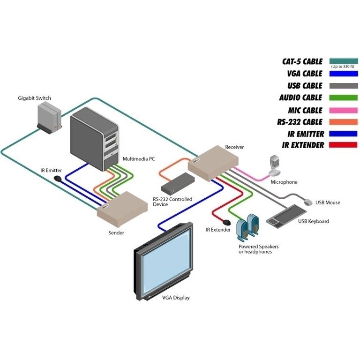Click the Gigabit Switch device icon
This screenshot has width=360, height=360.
click(49, 118)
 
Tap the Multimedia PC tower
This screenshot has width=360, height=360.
click(94, 139)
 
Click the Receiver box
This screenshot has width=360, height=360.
click(213, 163)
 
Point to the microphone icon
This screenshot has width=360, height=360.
click(275, 165)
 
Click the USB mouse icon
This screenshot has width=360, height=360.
click(308, 202)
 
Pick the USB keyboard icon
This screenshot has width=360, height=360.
click(286, 216)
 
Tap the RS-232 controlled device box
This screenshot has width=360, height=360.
click(178, 183)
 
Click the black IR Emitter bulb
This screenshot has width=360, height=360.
click(57, 179)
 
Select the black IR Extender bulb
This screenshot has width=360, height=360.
click(226, 222)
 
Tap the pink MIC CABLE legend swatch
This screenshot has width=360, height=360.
click(344, 110)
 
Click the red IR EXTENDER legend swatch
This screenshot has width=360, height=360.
click(343, 145)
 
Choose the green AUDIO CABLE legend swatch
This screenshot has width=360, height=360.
click(344, 97)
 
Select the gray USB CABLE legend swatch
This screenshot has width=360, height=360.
click(344, 86)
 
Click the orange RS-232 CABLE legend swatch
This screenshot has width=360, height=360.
click(344, 122)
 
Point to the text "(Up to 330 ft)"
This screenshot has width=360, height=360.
click(343, 67)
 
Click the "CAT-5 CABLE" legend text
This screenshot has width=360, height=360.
click(302, 61)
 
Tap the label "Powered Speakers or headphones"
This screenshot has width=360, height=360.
click(259, 249)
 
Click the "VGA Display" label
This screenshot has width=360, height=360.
click(176, 298)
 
